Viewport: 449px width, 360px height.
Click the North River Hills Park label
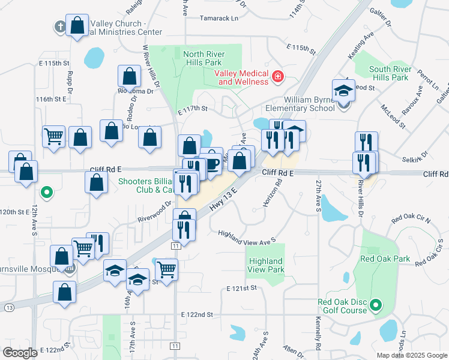point(203,58)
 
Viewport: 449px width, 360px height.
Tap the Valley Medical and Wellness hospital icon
point(277,76)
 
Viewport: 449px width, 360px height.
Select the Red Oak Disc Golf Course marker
point(376,305)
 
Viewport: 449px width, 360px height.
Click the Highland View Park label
point(265,265)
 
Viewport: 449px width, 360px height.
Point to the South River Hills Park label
point(390,73)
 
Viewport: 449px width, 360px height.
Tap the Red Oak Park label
point(384,259)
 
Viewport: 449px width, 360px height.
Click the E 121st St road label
point(242,289)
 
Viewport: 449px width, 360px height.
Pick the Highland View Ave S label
point(247,238)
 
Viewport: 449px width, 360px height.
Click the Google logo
point(20,352)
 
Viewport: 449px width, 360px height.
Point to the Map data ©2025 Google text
point(412,355)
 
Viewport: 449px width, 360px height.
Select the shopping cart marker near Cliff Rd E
point(53,136)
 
